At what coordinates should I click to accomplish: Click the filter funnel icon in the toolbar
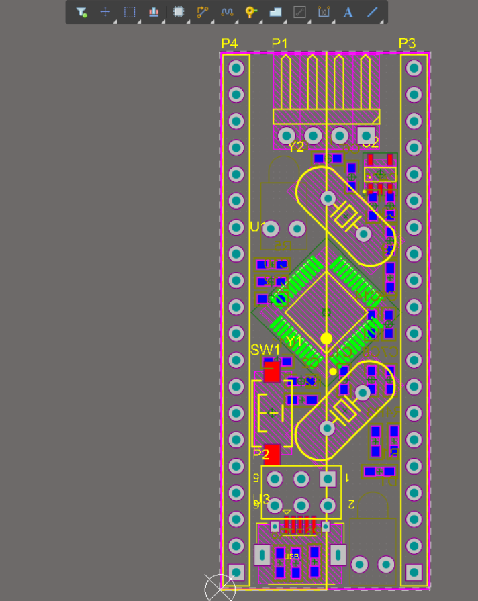coord(81,12)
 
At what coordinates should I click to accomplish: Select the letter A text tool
coord(348,12)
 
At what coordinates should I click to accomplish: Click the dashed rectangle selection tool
coord(130,12)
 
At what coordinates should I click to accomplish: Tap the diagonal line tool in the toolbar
coord(372,12)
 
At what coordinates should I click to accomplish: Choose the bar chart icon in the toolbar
coord(154,12)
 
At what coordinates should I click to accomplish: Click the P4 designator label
coord(229,44)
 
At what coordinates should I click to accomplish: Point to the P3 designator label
coord(407,44)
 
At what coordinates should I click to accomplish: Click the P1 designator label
coord(279,44)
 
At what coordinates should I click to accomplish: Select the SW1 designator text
coord(265,350)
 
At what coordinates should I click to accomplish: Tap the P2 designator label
coord(261,455)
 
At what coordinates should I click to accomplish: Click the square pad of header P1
coord(366,134)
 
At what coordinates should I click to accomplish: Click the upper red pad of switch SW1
coord(271,371)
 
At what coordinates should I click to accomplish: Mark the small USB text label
coord(291,557)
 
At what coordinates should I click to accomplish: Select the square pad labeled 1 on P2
coord(328,479)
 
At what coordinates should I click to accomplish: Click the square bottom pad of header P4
coord(236,571)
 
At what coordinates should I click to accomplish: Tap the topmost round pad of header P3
coord(414,68)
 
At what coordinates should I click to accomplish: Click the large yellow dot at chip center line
coord(326,338)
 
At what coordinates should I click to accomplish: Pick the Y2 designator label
coord(296,147)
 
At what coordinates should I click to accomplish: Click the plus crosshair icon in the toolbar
coord(105,12)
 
